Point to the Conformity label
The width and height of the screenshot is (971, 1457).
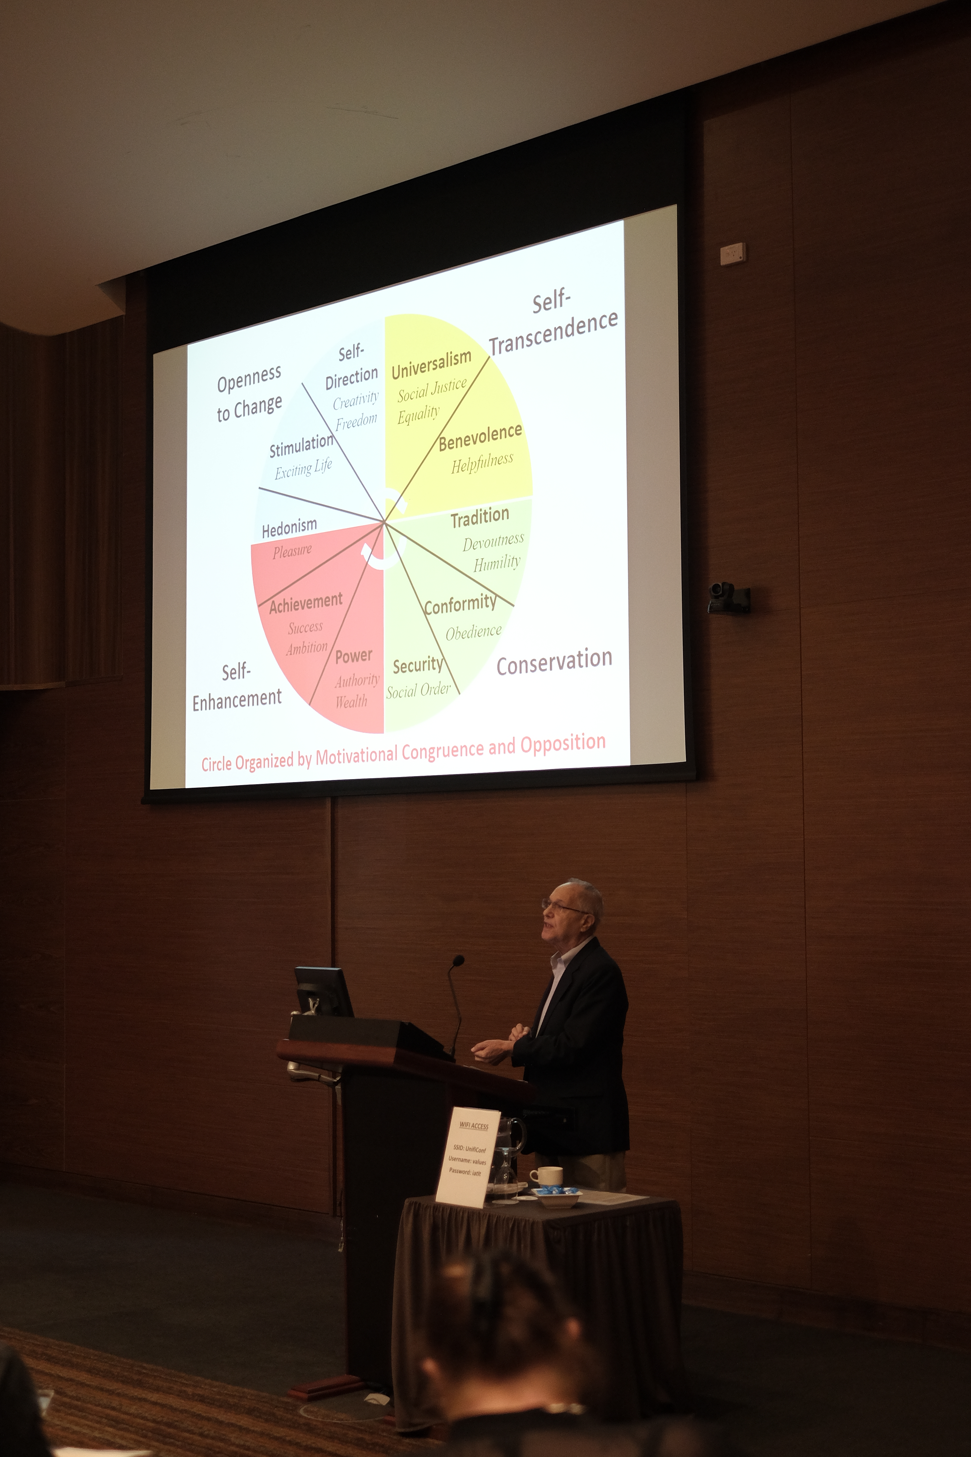(x=460, y=604)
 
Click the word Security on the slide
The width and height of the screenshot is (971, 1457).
(x=418, y=665)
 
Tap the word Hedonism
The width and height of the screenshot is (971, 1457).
(x=289, y=528)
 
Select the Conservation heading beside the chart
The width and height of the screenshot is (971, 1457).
(x=554, y=662)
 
